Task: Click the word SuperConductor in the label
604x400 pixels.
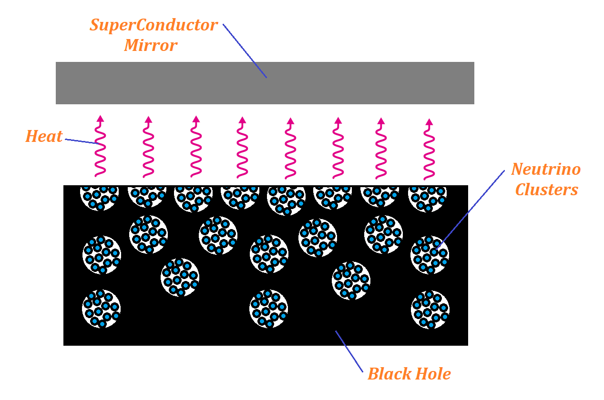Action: point(154,25)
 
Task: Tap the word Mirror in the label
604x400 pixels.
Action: point(151,46)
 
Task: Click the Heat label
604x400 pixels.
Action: point(44,137)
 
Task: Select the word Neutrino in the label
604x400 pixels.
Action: point(546,169)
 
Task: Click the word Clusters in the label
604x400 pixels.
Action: point(546,190)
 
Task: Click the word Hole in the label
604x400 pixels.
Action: point(432,374)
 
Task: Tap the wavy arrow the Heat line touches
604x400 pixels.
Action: point(100,148)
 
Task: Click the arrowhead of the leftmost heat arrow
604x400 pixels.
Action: point(100,119)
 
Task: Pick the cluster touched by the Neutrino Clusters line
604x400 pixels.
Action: point(430,255)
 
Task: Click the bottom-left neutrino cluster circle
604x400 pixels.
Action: point(101,309)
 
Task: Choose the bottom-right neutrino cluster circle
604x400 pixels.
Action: point(430,310)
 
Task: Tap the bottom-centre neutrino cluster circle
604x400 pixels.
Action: point(268,309)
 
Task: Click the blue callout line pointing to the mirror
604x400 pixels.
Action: point(245,50)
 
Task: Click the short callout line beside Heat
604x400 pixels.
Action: point(81,141)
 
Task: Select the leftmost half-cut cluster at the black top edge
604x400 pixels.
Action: point(99,197)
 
